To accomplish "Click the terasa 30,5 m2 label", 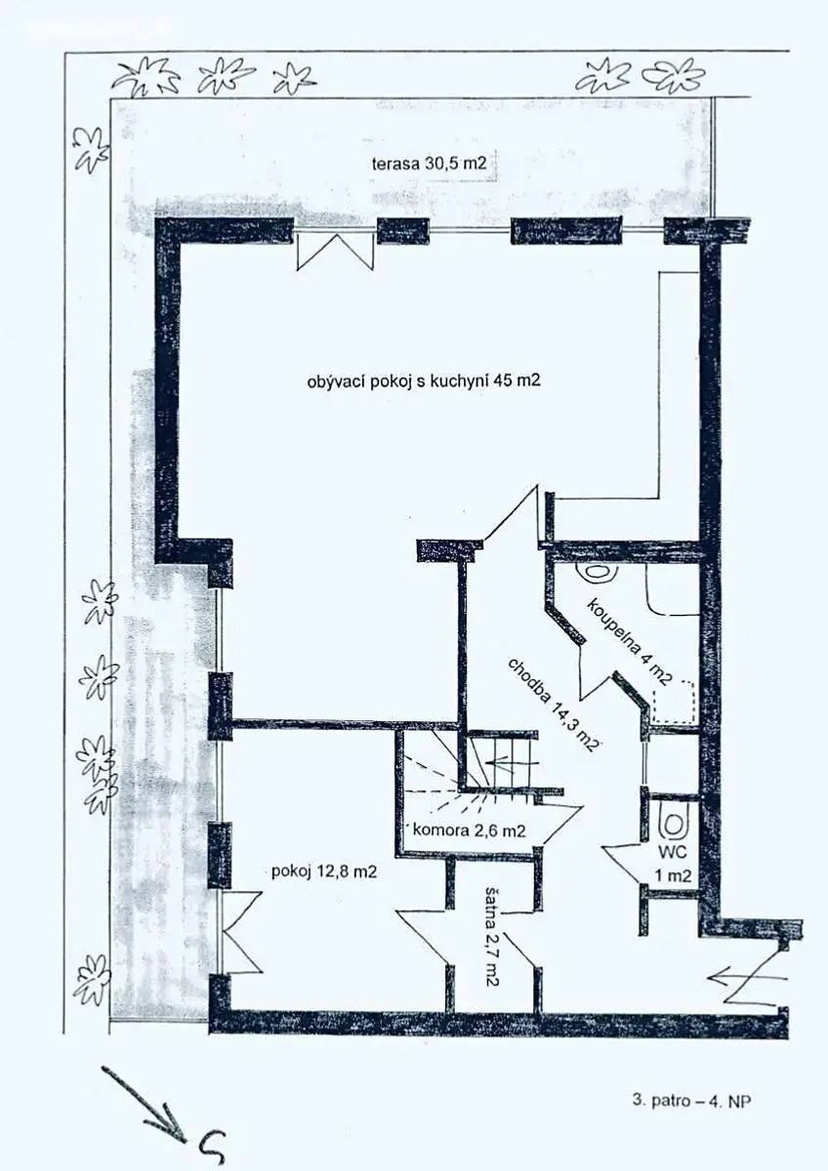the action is click(x=429, y=164).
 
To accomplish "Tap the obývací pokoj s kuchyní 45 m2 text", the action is click(x=424, y=382).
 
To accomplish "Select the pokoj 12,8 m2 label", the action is click(x=324, y=871).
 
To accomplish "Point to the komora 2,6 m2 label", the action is click(x=470, y=829).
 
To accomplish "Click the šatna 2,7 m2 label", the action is click(x=492, y=927).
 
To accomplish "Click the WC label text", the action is click(x=672, y=852).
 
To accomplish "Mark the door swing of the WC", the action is click(x=621, y=865).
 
